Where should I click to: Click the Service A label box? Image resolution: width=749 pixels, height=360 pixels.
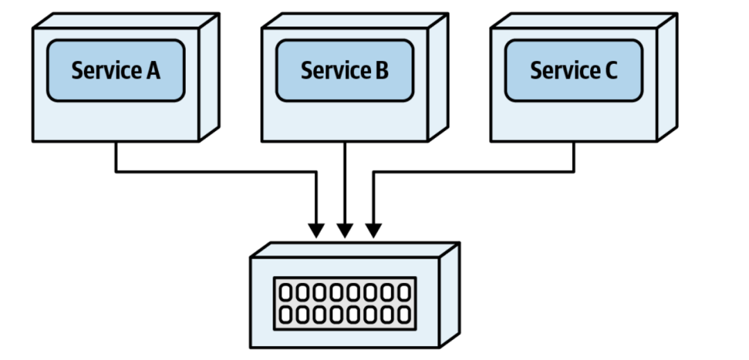[116, 71]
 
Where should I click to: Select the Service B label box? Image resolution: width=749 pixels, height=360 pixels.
[345, 71]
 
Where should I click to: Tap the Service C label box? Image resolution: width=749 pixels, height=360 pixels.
[574, 71]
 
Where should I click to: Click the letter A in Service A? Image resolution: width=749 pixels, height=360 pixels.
[153, 71]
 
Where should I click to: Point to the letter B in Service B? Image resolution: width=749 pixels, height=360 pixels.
[381, 71]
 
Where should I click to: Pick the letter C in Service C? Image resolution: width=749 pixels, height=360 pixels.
[611, 71]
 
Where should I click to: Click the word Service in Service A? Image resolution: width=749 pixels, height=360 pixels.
[106, 71]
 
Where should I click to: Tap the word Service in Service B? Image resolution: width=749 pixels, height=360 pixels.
[336, 71]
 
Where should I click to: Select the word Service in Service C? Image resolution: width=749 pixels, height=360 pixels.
[565, 71]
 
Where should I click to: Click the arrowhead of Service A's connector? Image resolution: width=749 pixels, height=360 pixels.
[316, 230]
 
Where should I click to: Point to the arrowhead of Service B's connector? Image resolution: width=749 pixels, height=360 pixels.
[345, 230]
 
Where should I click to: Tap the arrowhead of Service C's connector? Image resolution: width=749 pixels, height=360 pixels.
[374, 230]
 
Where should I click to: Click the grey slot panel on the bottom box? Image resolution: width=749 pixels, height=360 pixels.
[345, 303]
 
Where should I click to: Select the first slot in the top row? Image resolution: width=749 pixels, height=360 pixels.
[285, 292]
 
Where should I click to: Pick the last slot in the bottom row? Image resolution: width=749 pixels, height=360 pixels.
[404, 315]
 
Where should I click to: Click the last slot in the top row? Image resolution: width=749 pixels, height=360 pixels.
[404, 292]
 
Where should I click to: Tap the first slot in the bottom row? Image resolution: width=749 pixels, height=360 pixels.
[285, 315]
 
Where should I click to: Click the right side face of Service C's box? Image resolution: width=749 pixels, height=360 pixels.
[667, 78]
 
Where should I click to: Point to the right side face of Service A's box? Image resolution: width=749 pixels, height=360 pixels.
[209, 78]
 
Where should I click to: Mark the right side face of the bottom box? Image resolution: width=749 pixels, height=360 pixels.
[449, 295]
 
